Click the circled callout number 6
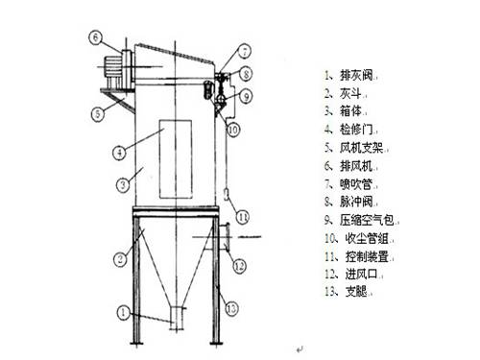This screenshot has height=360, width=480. pyautogui.click(x=97, y=37)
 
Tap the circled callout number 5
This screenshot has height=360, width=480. pyautogui.click(x=97, y=113)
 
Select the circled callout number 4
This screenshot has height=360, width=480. pyautogui.click(x=118, y=151)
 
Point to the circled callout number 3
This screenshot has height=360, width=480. pyautogui.click(x=123, y=183)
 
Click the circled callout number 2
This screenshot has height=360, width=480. pyautogui.click(x=120, y=257)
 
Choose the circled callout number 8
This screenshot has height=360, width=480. pyautogui.click(x=247, y=73)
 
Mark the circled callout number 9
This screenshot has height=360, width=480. pyautogui.click(x=247, y=95)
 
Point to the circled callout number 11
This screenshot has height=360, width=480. pyautogui.click(x=245, y=214)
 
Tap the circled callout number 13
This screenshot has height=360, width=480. pyautogui.click(x=230, y=307)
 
